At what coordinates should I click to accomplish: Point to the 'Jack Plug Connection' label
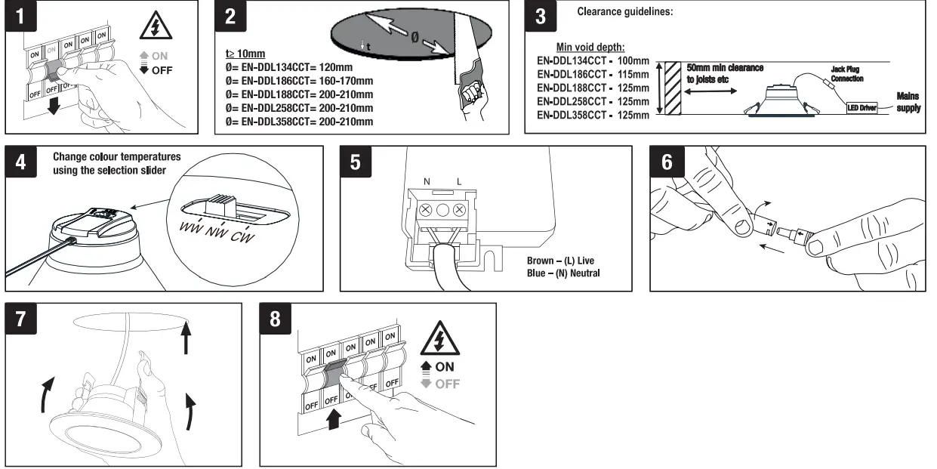pos(847,74)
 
